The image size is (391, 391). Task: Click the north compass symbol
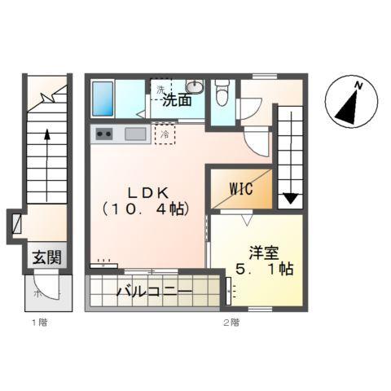tap(347, 103)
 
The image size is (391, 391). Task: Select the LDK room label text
tap(147, 193)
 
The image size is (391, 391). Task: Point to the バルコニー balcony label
tap(153, 291)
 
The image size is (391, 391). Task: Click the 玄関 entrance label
tap(46, 257)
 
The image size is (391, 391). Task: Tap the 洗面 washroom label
tap(177, 101)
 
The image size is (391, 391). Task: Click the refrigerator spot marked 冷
tap(165, 134)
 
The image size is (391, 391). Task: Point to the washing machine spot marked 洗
tap(160, 88)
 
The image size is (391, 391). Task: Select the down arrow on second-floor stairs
tap(290, 195)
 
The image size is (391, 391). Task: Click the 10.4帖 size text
tap(147, 209)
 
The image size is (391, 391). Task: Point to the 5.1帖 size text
tap(264, 268)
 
